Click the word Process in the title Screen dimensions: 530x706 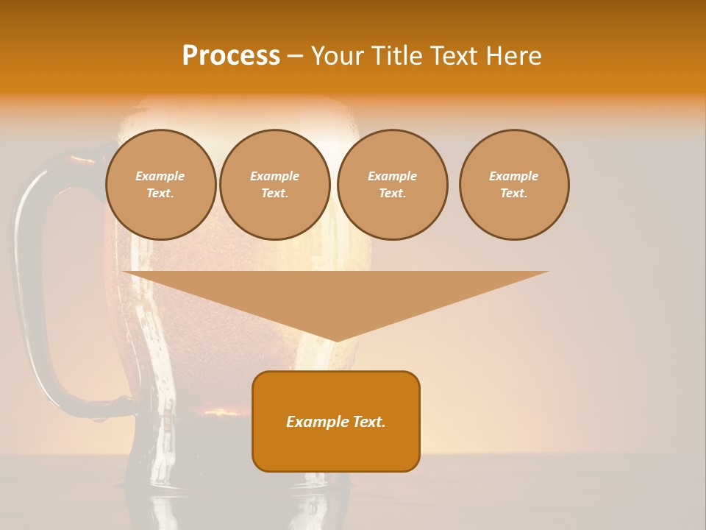231,55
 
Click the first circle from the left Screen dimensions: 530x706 160,185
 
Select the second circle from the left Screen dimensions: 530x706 274,185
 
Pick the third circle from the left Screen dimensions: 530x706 392,185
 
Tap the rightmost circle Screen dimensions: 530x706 514,185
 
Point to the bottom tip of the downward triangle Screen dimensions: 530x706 337,339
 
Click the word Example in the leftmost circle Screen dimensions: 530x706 160,176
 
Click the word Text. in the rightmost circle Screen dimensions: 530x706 514,194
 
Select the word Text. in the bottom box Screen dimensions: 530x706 369,422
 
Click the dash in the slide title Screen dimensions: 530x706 295,56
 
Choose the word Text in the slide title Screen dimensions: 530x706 452,55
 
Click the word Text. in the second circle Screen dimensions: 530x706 274,194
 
